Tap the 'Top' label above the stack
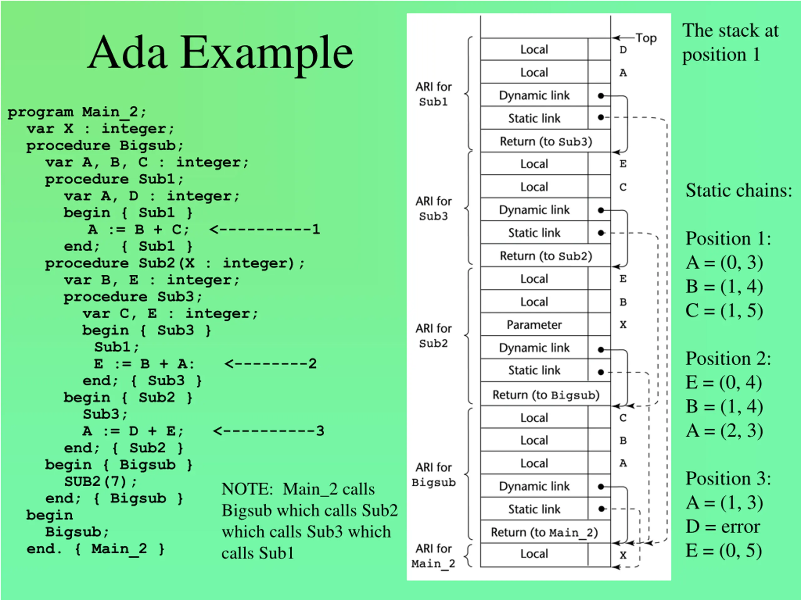coord(646,38)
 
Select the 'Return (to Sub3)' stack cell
coord(545,141)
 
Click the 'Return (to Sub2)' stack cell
coord(545,256)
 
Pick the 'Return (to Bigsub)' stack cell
coord(545,395)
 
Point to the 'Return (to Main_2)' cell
coord(545,532)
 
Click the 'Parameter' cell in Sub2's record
coord(534,325)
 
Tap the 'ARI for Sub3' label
coord(433,208)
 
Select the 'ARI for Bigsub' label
coord(433,474)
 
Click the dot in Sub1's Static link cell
coord(601,117)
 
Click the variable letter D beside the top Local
coord(623,50)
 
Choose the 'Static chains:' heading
coord(739,190)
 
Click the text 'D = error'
coord(723,527)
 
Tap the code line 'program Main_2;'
coord(77,112)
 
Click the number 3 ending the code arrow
coord(320,431)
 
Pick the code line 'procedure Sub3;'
coord(133,297)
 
